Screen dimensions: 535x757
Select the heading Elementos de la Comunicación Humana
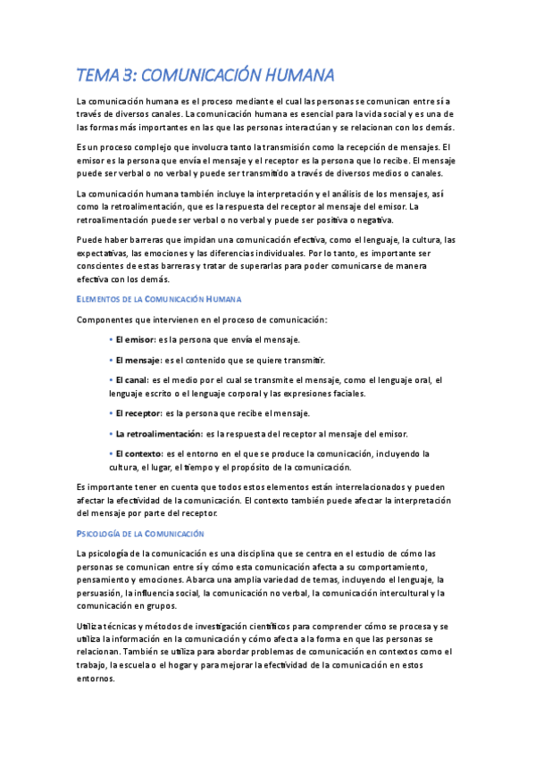coord(160,298)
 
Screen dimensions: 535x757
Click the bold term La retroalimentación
coord(157,434)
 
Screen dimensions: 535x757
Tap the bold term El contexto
coord(138,453)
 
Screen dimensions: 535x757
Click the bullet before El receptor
coord(111,413)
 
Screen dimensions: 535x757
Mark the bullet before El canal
coord(111,379)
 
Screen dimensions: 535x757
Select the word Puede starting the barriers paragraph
coord(91,239)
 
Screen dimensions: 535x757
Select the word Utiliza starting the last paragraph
coord(94,626)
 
